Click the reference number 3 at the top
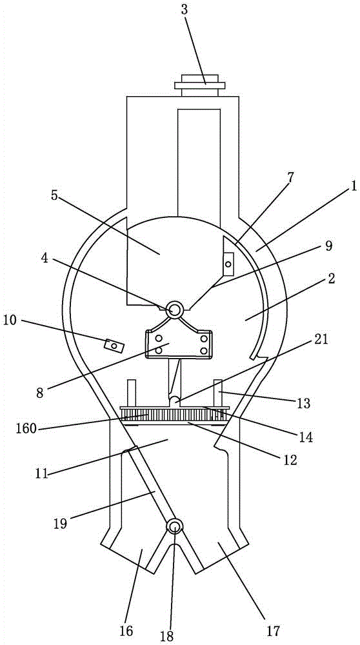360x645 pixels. click(x=185, y=10)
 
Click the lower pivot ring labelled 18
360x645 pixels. click(x=174, y=526)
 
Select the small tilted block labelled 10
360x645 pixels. click(x=114, y=344)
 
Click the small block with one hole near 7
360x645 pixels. click(x=228, y=263)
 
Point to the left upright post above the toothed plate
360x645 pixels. click(x=132, y=393)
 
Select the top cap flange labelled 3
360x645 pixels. click(x=199, y=85)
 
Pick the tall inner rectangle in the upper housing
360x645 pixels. click(x=199, y=163)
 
